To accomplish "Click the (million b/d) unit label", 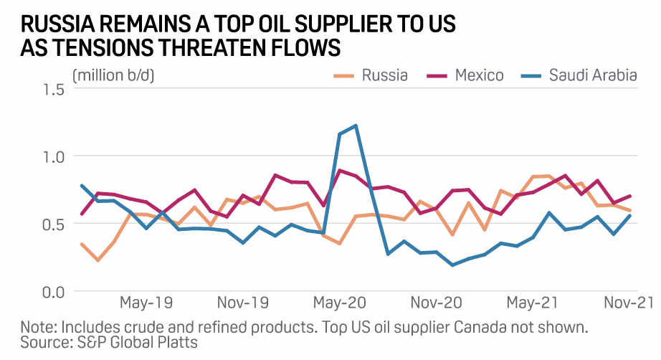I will tap(113, 74).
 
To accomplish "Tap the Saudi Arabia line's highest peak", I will tap(356, 125).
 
